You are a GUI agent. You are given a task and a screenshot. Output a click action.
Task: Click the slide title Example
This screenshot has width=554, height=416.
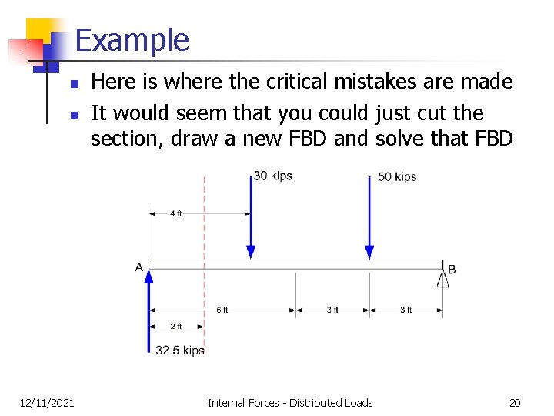point(132,40)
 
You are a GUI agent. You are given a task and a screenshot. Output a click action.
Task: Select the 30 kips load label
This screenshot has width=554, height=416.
point(273,176)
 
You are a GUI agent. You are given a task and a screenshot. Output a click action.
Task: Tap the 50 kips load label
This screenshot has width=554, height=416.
point(397,176)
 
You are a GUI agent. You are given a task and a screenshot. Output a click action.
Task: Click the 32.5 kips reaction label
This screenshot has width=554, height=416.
point(179,351)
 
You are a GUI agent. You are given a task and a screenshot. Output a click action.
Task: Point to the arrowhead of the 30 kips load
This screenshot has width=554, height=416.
point(251,252)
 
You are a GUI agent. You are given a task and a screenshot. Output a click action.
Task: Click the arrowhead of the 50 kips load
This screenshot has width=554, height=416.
point(369,252)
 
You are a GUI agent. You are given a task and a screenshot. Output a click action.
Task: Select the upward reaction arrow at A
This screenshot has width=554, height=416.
point(149,308)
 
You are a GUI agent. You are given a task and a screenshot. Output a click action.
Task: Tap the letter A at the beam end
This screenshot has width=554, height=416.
point(139,267)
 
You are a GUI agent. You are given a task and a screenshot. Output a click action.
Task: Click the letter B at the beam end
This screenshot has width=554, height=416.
point(452,269)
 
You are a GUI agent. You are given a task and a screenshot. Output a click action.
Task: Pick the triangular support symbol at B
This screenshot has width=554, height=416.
point(442,278)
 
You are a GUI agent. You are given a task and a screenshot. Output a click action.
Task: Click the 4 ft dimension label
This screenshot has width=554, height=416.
point(176,213)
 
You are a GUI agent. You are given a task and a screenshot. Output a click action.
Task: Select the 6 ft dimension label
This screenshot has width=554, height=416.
point(222,310)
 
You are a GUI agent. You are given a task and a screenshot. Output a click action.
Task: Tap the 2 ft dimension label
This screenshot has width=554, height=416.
point(176,326)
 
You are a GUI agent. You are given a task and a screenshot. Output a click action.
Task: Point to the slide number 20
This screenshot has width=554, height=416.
point(515,402)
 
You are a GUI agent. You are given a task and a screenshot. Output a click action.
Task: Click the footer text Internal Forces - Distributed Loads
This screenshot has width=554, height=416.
point(290,402)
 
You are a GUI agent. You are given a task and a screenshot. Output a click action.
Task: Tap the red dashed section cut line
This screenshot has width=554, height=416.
point(204,231)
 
